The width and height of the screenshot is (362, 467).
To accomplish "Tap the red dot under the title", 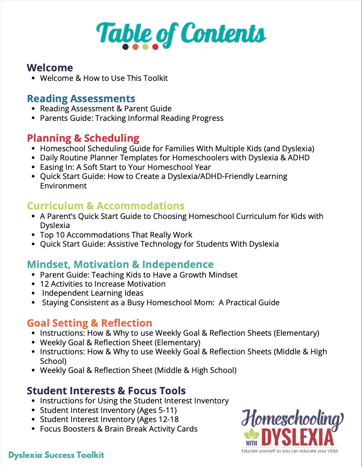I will (x=156, y=47).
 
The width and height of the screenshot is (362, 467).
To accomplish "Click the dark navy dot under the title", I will (x=126, y=47).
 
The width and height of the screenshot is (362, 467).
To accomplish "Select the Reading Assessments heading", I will (x=81, y=98).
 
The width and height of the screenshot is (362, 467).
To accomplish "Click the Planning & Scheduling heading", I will (x=83, y=138).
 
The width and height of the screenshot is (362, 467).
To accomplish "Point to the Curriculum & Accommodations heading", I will (x=106, y=206).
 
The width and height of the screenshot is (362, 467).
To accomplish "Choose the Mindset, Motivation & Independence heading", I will (x=120, y=264).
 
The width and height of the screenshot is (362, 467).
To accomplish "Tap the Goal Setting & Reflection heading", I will (x=90, y=323).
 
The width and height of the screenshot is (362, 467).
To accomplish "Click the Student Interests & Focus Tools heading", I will (x=106, y=391).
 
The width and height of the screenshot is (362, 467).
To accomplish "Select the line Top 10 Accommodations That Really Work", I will (x=116, y=235).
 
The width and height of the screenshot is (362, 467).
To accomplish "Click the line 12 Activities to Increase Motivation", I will (x=102, y=284).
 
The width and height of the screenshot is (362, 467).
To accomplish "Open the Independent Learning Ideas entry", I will (x=93, y=293).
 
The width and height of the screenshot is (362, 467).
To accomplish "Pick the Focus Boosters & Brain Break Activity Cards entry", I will (x=119, y=428).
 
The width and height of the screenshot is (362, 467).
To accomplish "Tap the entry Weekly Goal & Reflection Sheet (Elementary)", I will (x=120, y=343).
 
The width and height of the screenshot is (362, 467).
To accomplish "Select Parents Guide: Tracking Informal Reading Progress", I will (x=131, y=118).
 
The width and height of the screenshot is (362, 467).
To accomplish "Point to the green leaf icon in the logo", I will (x=249, y=433).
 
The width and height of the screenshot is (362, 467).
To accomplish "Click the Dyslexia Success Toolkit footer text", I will (x=56, y=455).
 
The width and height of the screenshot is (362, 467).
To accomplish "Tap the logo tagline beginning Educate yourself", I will (x=290, y=451).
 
